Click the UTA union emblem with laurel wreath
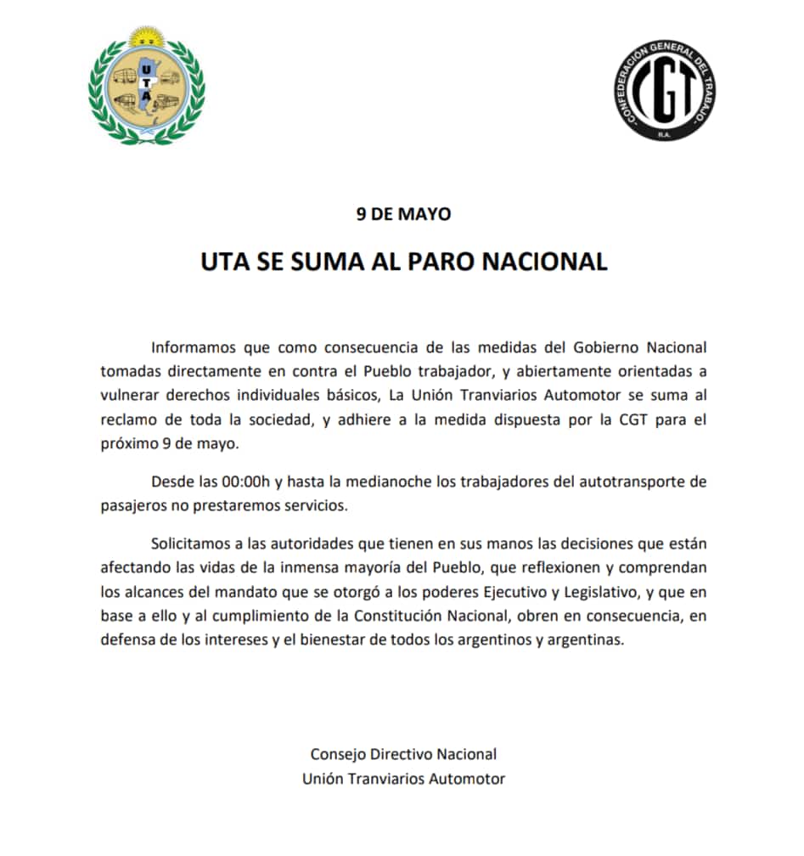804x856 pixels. tap(146, 87)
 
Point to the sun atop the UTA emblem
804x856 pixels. tap(145, 37)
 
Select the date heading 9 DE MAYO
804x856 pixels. tap(403, 214)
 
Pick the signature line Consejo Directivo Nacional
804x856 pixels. tap(403, 754)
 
